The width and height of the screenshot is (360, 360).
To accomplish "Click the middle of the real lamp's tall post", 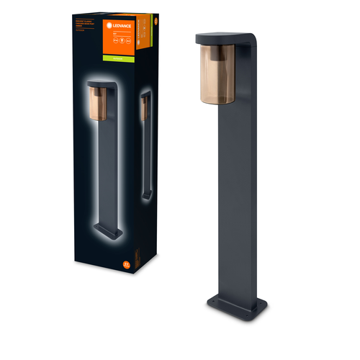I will pos(240,194).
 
